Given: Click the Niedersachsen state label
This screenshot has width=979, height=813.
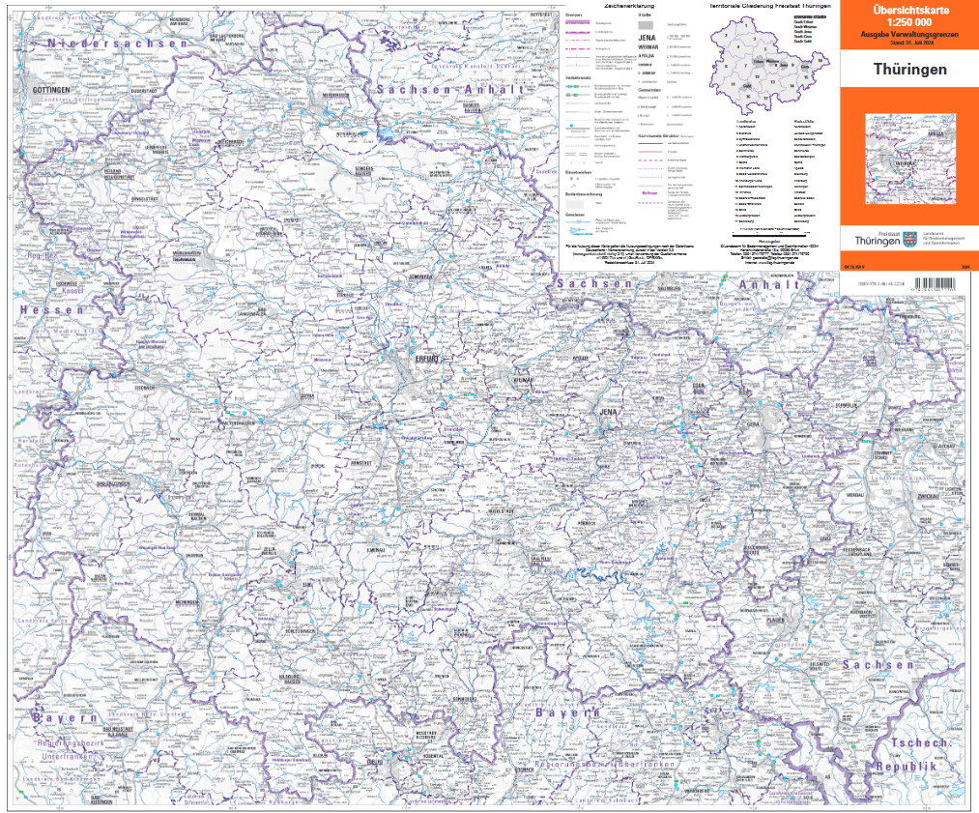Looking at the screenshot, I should (107, 44).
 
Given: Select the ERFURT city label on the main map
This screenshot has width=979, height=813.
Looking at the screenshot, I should (426, 359).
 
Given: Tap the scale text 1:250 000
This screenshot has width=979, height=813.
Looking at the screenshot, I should (903, 22).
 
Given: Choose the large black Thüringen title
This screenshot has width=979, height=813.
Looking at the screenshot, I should (909, 70).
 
